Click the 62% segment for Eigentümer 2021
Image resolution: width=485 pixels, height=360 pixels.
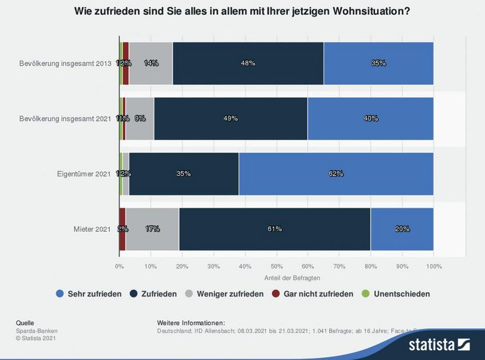[x=336, y=173]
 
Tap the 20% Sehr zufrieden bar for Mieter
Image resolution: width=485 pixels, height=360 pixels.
[x=402, y=229]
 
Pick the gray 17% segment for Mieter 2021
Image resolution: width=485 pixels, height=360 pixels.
[x=152, y=229]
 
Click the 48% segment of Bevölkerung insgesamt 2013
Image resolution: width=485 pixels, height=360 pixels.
[x=248, y=63]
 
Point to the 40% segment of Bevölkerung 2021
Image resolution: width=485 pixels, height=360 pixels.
[x=370, y=118]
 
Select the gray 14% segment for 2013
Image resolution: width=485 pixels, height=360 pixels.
[x=151, y=63]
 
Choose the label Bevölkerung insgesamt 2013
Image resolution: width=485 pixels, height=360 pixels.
[x=64, y=63]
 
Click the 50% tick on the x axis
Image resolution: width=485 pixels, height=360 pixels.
[x=277, y=266]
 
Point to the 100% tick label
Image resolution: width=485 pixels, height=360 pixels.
[x=433, y=266]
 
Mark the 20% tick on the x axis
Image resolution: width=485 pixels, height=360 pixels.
[x=182, y=266]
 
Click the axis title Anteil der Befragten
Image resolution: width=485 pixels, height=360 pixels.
[x=292, y=278]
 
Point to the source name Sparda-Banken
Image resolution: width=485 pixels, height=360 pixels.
[x=37, y=331]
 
